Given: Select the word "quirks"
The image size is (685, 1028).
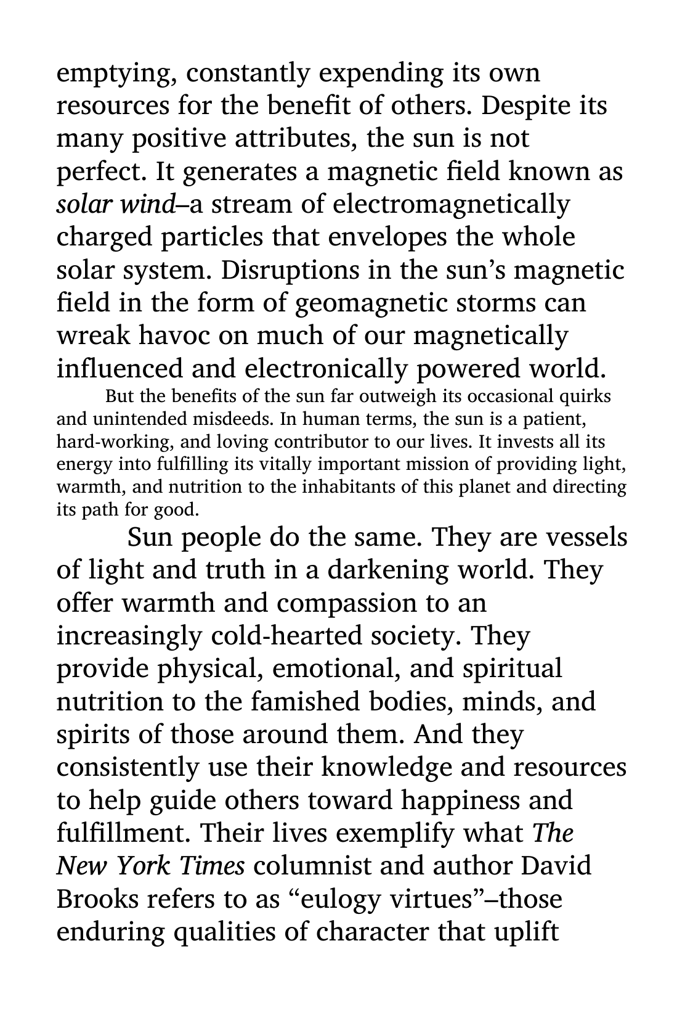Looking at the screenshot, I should point(589,396).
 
